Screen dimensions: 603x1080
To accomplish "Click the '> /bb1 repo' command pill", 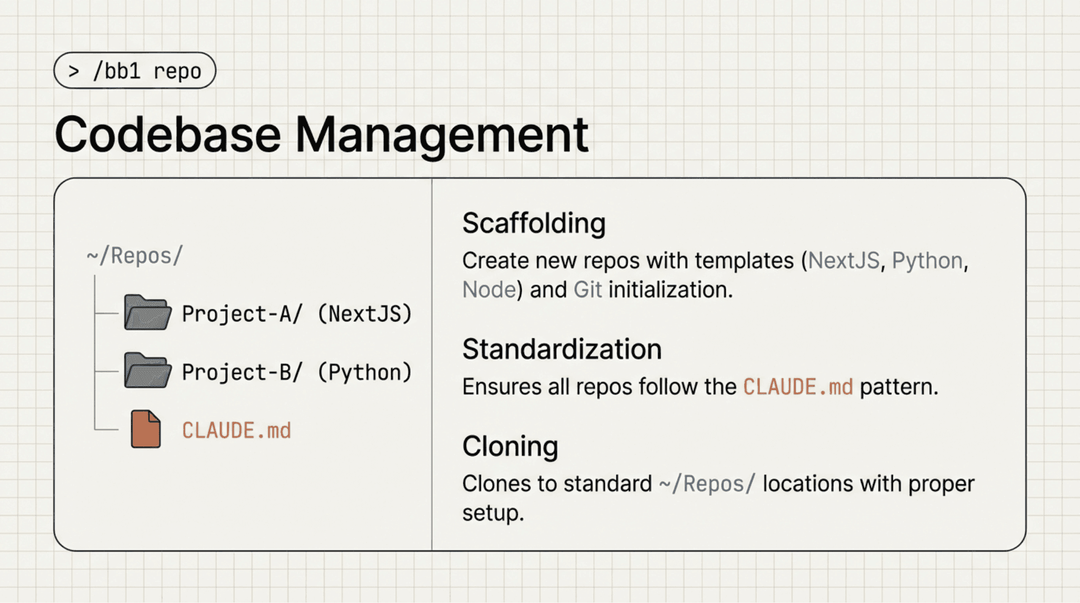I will pos(134,71).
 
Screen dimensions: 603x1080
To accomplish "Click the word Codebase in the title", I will pos(167,135).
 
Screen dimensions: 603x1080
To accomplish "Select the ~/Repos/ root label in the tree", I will pos(134,256).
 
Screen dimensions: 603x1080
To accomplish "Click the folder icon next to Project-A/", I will pos(147,313).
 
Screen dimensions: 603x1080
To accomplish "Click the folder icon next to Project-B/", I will pos(147,371).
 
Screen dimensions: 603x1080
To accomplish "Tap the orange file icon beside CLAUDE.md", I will pos(146,429).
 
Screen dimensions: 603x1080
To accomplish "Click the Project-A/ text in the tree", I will pos(242,314).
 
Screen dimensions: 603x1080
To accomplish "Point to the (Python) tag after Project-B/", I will pos(364,373).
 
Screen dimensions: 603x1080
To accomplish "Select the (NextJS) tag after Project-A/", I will pos(364,314).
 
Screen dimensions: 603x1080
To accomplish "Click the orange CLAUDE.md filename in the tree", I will pos(236,431).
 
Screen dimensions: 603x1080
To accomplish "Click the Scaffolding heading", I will pos(534,223).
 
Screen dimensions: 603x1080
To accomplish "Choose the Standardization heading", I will pos(562,349).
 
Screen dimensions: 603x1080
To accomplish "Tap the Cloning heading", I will pos(510,446).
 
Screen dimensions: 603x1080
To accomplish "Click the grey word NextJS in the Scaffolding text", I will pos(844,261).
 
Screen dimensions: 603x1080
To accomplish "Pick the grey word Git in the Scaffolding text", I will pos(587,290).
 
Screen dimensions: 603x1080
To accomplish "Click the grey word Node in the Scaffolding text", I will pos(489,290).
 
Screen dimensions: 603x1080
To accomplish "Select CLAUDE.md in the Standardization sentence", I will pos(798,387).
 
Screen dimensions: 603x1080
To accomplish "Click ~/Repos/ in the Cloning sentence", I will pos(707,484).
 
